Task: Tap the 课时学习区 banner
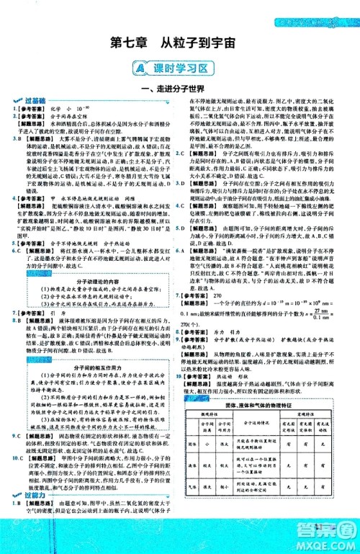(x=180, y=68)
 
